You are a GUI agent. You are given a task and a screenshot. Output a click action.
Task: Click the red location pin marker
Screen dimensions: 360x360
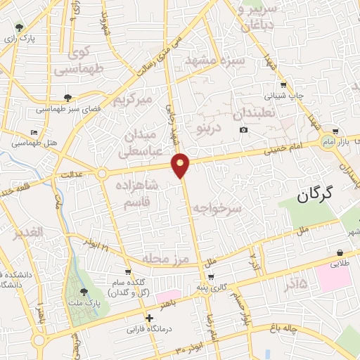coord(181,165)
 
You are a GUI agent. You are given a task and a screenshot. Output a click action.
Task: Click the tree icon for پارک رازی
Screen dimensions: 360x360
coord(20,27)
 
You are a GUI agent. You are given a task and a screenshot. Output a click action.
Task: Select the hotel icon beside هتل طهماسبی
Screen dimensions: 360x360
coord(34,131)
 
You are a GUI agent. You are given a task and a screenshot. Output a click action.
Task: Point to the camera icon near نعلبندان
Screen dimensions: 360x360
coord(244,129)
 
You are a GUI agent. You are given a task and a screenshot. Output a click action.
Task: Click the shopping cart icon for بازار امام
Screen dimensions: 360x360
coord(335,132)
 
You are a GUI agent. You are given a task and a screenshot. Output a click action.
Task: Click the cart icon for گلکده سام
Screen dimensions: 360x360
coord(127,272)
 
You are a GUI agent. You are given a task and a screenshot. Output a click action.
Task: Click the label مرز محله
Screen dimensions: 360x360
coord(167,258)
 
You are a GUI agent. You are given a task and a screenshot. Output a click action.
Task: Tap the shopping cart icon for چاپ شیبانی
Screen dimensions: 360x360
coord(283,85)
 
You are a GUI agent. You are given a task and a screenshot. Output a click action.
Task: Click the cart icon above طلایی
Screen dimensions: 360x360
coord(340,251)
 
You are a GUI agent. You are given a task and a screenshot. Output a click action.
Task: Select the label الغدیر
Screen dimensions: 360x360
coord(29,233)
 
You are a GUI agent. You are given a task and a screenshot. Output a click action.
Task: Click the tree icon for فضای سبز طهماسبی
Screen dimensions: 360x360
coord(67,98)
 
